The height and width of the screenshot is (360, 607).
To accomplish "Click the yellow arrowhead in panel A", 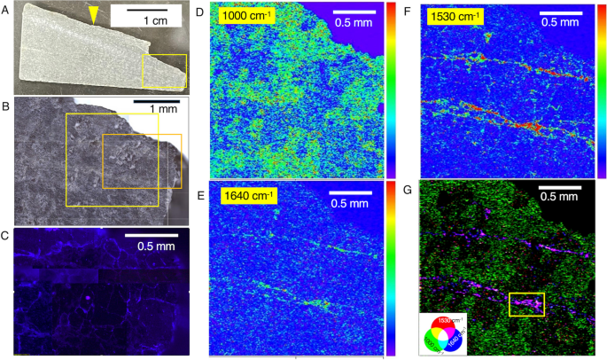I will point(95,12).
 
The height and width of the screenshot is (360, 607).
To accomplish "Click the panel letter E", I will point(199,195).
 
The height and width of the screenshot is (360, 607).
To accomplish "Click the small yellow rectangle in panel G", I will point(527,304).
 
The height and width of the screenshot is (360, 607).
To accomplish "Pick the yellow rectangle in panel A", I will point(164,70).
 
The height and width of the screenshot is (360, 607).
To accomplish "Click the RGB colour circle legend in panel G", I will point(440,332).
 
